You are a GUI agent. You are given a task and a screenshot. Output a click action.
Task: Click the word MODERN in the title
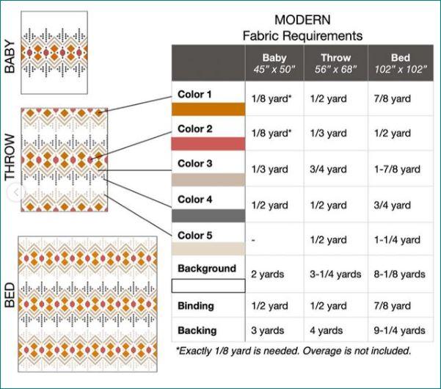[302, 20]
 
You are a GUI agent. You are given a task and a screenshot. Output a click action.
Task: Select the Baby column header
[275, 63]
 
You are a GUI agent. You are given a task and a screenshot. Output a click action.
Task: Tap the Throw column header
[336, 63]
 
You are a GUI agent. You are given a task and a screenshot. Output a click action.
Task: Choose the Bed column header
[400, 63]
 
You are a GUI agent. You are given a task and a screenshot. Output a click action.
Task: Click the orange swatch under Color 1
[208, 109]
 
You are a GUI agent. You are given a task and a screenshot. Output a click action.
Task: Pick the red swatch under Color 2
[208, 145]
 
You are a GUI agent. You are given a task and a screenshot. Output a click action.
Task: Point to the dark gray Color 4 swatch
[208, 216]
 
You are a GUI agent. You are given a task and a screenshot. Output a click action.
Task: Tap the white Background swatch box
[208, 286]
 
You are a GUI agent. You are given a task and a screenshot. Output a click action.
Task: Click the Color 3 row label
[195, 164]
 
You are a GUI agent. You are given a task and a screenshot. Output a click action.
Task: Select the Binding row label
[195, 305]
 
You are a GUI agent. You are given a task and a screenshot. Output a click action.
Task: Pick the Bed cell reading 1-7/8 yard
[401, 170]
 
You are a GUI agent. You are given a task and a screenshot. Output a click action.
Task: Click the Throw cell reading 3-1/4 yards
[337, 275]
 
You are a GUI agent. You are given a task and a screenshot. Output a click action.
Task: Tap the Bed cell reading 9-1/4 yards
[401, 331]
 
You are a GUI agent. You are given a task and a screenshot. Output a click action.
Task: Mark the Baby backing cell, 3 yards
[269, 331]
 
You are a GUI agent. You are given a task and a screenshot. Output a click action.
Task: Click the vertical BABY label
[10, 57]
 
